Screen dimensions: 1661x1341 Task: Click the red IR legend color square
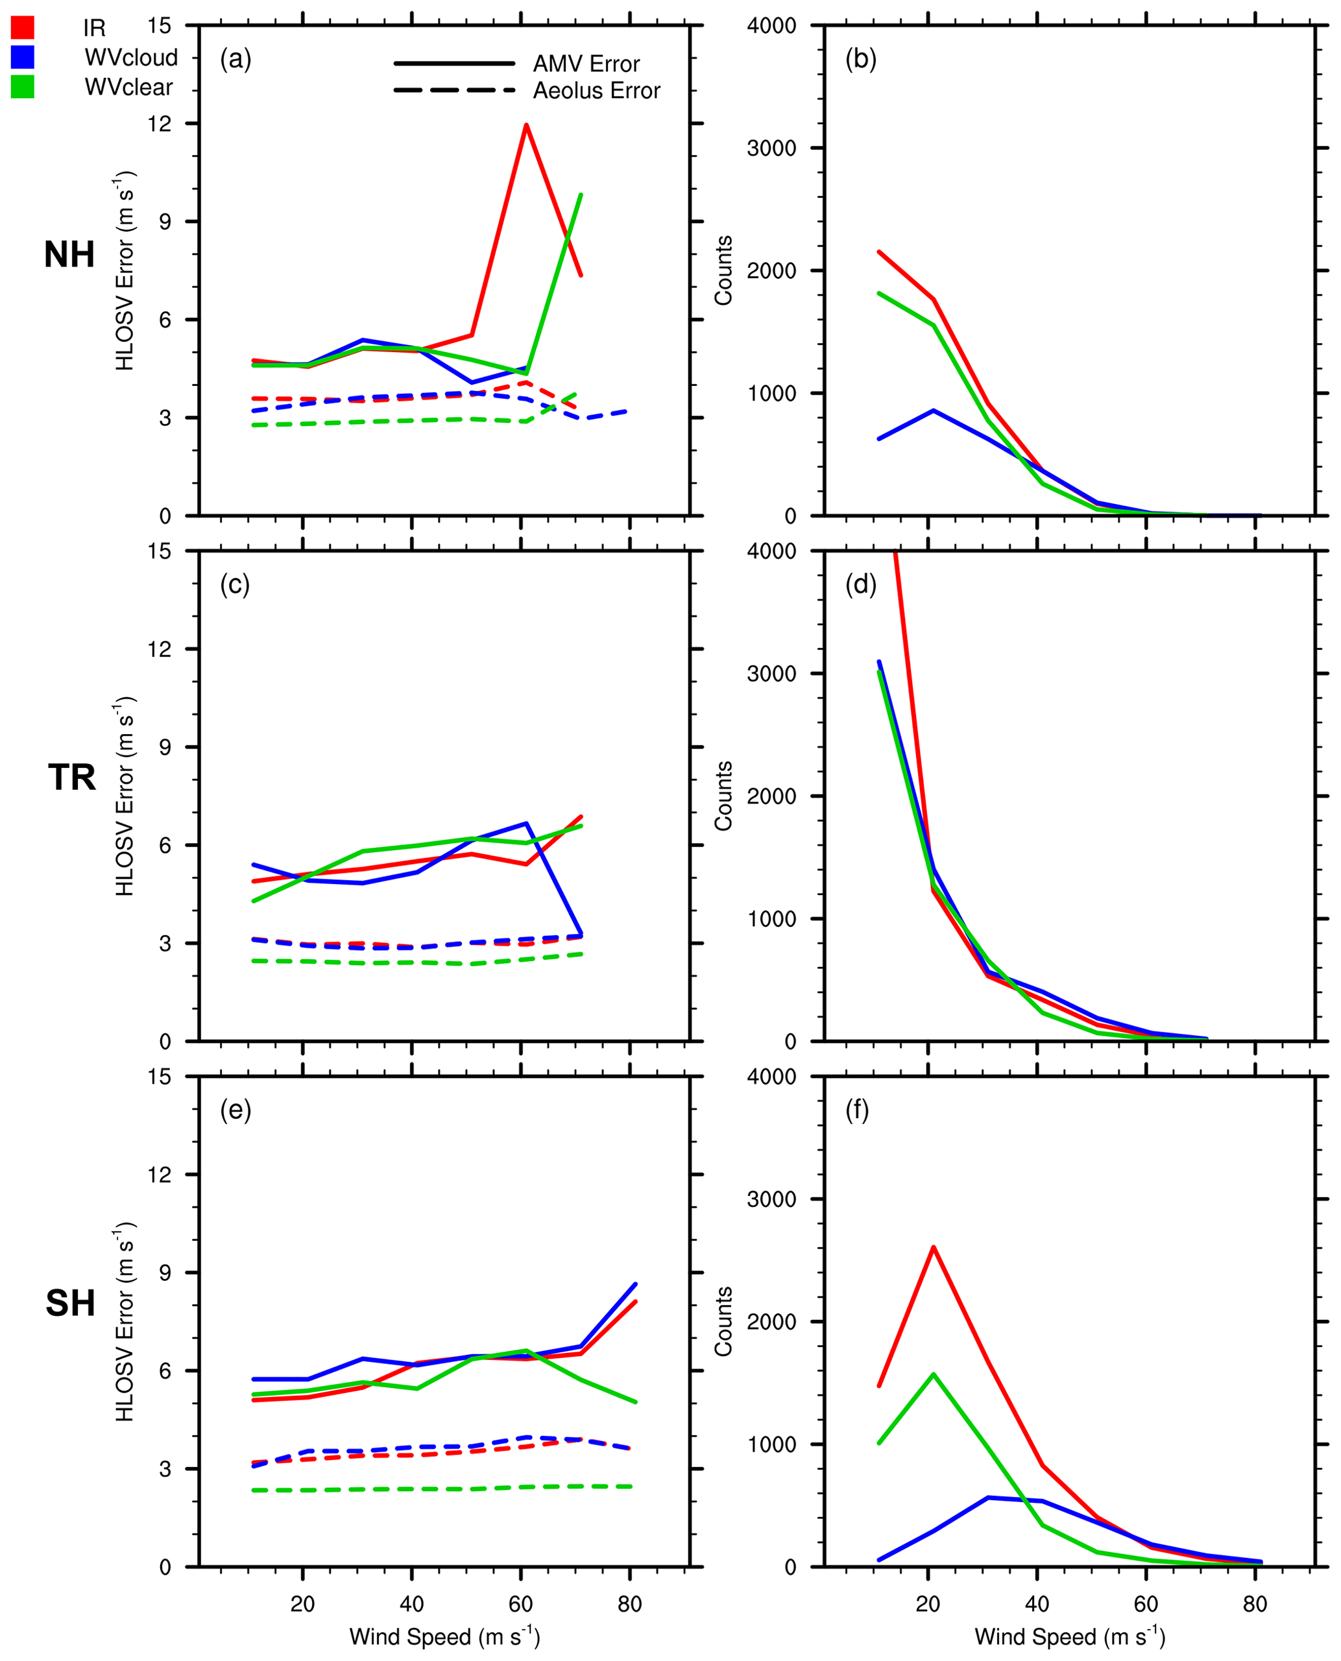coord(23,28)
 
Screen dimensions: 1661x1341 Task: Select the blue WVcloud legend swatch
coord(23,57)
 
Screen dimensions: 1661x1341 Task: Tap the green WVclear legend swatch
coord(23,86)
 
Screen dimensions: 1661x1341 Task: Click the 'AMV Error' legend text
coord(586,64)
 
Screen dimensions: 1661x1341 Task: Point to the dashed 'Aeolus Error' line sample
coord(453,90)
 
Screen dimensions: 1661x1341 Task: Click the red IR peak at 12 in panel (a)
coord(526,125)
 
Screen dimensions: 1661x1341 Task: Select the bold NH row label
coord(69,255)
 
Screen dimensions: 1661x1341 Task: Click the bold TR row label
coord(71,777)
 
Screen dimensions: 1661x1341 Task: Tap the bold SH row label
coord(69,1304)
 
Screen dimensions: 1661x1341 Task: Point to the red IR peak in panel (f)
coord(933,1247)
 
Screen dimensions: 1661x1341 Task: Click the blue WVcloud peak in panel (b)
coord(933,411)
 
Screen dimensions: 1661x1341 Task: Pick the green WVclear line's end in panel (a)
coord(581,195)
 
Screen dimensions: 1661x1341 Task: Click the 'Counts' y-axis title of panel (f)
coord(723,1321)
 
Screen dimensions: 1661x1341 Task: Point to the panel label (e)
coord(235,1110)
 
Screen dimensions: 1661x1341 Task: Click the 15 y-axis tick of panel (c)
coord(160,551)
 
